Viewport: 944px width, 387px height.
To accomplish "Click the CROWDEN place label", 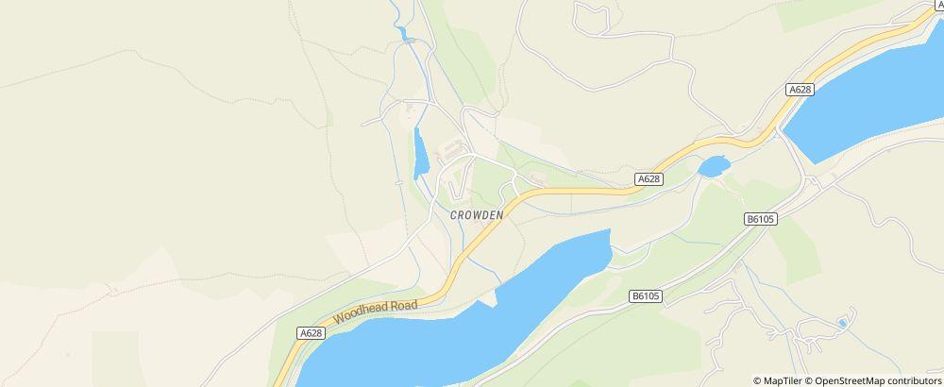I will pyautogui.click(x=477, y=215).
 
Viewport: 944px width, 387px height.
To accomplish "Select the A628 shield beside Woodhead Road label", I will pyautogui.click(x=311, y=332).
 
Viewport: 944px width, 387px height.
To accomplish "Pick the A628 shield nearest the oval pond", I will pyautogui.click(x=649, y=178).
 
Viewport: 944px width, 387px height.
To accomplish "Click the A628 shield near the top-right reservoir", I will pyautogui.click(x=799, y=89).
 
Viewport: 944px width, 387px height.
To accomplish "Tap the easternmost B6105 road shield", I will pyautogui.click(x=759, y=219).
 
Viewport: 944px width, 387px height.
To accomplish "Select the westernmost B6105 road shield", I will pyautogui.click(x=646, y=295).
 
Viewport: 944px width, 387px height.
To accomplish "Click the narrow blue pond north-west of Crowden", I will pyautogui.click(x=420, y=154).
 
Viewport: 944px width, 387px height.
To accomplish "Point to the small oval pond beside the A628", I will pyautogui.click(x=714, y=167).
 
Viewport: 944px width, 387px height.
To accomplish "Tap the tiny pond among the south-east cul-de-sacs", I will pyautogui.click(x=842, y=324).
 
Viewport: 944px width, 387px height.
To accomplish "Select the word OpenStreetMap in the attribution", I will pyautogui.click(x=850, y=380).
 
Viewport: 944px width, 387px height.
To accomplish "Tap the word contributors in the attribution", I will pyautogui.click(x=914, y=380).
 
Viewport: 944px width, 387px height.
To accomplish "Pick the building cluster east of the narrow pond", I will pyautogui.click(x=451, y=149).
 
